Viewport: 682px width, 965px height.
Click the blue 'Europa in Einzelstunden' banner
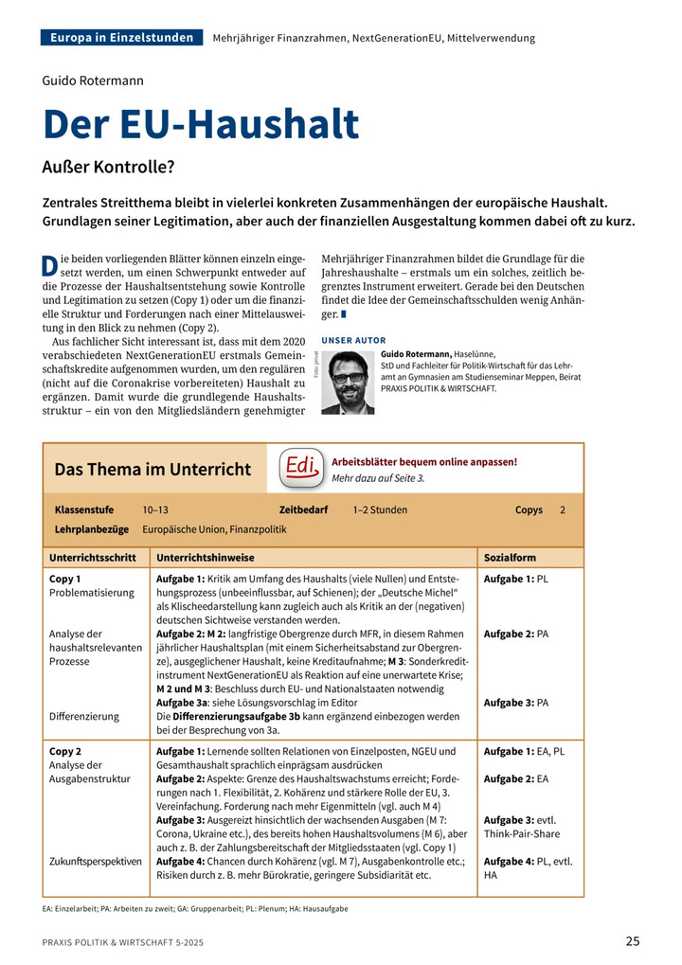[122, 38]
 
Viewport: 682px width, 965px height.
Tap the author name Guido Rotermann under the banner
[93, 80]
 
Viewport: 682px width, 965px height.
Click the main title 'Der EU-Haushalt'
[201, 125]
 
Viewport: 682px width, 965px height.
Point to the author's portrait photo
[348, 382]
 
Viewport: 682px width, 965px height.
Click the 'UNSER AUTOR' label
[353, 339]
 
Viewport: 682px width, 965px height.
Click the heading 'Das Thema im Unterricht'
[153, 469]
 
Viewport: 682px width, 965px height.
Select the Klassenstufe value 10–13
[155, 509]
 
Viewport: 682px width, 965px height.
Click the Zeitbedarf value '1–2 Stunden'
[380, 509]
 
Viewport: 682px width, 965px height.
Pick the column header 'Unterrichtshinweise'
[206, 558]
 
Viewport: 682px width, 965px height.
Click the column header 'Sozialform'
[510, 558]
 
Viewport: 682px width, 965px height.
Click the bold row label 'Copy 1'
[65, 578]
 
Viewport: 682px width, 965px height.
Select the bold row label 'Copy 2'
[65, 751]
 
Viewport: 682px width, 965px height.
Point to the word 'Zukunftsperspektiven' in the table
[95, 861]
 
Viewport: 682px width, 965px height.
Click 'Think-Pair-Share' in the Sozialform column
[522, 833]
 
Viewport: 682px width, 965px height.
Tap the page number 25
[633, 941]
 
